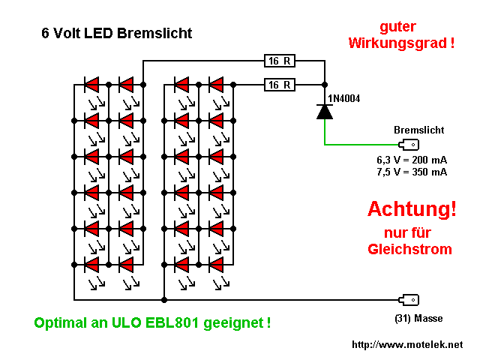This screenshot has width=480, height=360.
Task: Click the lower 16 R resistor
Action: tap(278, 85)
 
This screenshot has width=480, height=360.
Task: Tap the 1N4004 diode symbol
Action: tap(324, 111)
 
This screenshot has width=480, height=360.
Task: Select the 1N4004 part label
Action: tap(344, 97)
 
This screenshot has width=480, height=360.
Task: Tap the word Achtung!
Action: tap(412, 209)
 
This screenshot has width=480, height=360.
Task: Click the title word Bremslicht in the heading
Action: tap(155, 33)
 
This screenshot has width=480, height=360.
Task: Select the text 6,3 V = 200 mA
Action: tap(412, 160)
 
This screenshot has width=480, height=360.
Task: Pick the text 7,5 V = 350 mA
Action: tap(412, 172)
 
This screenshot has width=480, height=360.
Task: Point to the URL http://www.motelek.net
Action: tap(407, 345)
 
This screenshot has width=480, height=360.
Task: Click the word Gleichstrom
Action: tap(410, 249)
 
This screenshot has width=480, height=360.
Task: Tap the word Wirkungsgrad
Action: tap(397, 43)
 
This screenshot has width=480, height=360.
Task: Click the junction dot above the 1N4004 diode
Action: tap(324, 85)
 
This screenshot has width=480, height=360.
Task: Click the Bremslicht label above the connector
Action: tap(414, 130)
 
